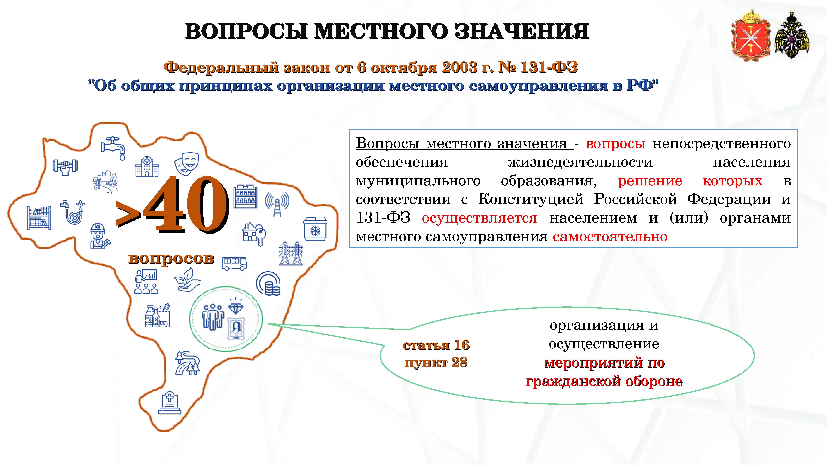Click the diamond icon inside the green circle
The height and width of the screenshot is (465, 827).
pyautogui.click(x=236, y=306)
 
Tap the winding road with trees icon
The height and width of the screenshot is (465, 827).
pyautogui.click(x=188, y=363)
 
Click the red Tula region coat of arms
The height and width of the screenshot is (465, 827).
pyautogui.click(x=750, y=36)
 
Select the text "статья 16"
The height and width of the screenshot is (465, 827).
pyautogui.click(x=436, y=345)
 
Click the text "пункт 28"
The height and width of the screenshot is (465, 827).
pyautogui.click(x=436, y=363)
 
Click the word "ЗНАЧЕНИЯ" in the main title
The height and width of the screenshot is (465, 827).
pyautogui.click(x=522, y=31)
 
